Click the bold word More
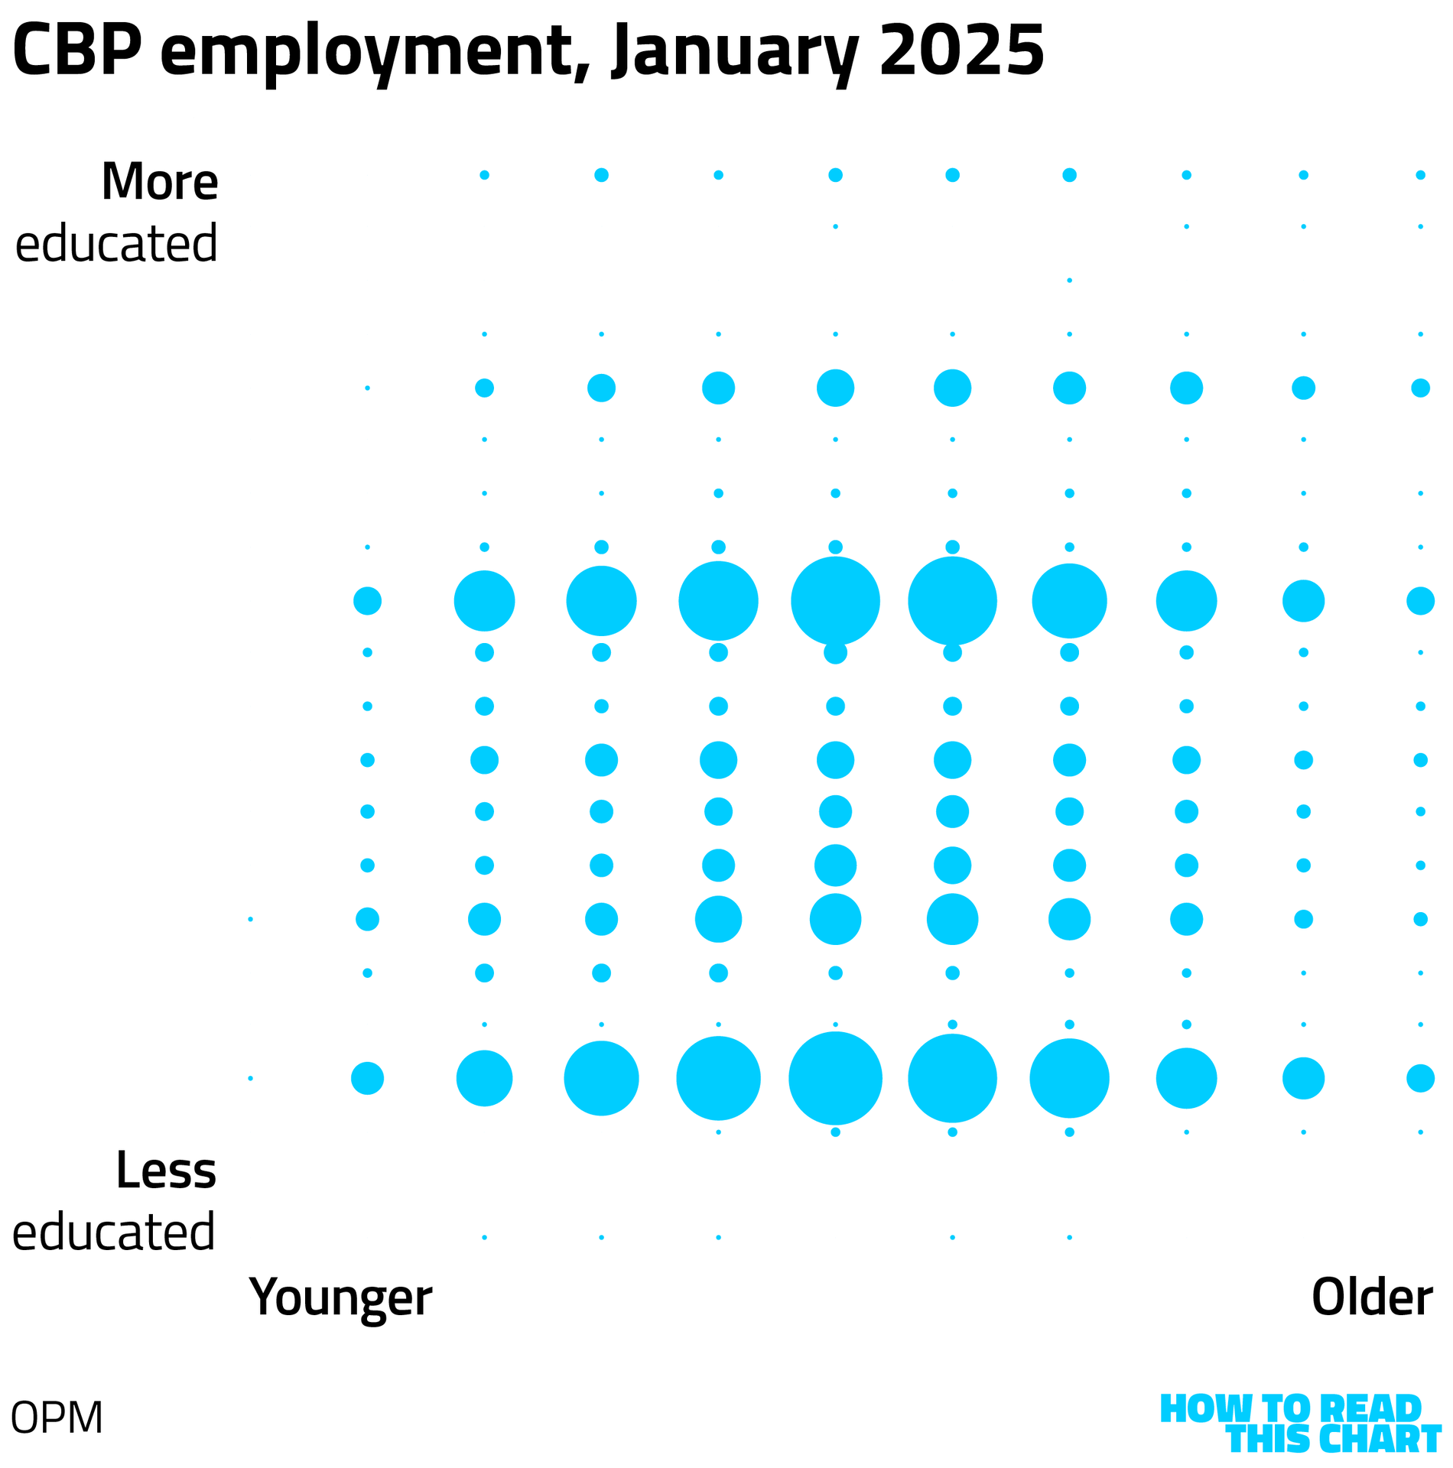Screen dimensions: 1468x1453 (x=160, y=182)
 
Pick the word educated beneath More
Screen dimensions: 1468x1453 (x=117, y=244)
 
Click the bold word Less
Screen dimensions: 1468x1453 (x=166, y=1171)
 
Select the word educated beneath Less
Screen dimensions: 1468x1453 (x=114, y=1233)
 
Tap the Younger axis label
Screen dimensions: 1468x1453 (x=340, y=1297)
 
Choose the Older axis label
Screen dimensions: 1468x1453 (x=1371, y=1297)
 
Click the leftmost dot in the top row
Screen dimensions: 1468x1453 (x=484, y=175)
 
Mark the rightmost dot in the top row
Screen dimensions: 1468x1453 (x=1420, y=175)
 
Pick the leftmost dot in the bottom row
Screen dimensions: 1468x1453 (x=484, y=1237)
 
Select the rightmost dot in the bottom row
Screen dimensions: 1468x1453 (x=1069, y=1237)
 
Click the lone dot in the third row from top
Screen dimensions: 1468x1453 (x=1069, y=281)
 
